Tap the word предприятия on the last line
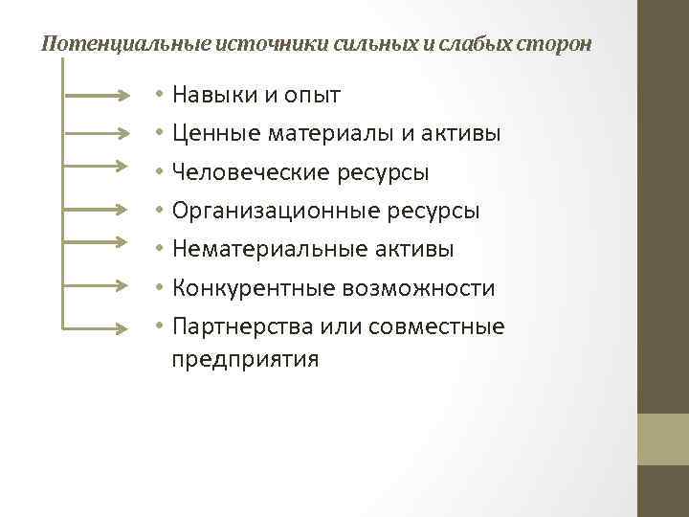245,360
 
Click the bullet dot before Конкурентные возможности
160,288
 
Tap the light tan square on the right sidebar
663,438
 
